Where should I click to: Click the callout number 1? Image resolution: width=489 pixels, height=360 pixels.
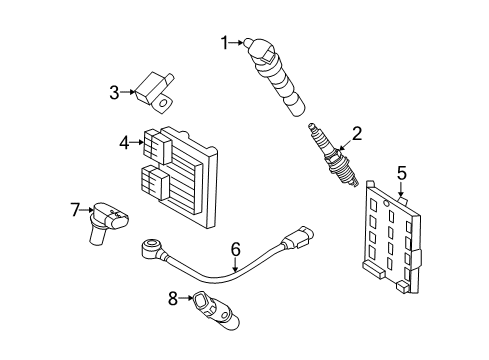pos(225,43)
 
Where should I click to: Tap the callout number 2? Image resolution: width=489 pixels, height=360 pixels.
pos(356,134)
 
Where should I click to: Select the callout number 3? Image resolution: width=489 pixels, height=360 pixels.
pos(114,92)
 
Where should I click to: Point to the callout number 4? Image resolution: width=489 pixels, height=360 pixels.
pos(124,143)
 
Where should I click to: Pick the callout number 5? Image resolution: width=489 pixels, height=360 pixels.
pos(402,173)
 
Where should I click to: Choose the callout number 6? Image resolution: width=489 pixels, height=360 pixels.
pos(235,249)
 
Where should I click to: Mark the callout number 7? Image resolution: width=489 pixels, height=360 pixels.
pos(75,210)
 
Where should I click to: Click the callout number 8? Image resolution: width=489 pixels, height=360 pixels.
pos(173,298)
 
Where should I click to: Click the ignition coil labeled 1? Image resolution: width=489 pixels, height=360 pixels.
pos(275,77)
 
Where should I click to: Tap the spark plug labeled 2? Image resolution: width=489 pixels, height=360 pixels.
pos(333,155)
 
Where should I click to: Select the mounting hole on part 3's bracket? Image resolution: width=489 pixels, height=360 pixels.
pos(163,103)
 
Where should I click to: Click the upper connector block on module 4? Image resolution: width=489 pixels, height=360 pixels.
pos(157,147)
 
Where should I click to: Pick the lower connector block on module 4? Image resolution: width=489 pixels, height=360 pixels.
pos(155,183)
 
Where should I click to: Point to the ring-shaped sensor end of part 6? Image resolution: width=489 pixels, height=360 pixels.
pos(151,248)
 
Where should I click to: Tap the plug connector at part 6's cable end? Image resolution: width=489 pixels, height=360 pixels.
pos(298,238)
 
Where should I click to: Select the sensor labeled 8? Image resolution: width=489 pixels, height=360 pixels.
pos(215,310)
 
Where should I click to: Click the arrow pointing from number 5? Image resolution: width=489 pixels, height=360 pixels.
pos(401,191)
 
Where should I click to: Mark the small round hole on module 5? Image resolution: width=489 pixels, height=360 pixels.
pos(386,203)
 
